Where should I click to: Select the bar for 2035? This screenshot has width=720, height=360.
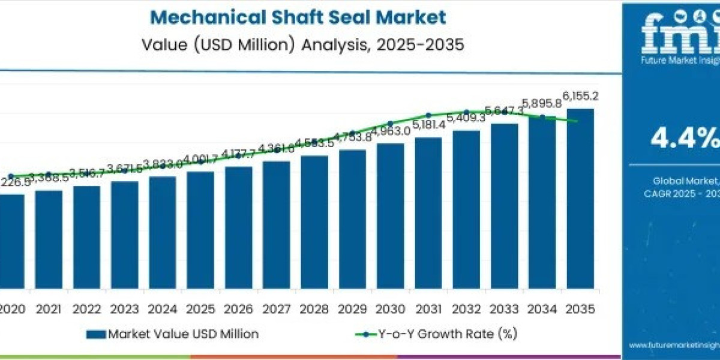click(580, 198)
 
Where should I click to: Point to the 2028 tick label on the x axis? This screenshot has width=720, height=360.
click(314, 309)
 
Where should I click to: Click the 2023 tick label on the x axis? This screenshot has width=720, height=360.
click(124, 309)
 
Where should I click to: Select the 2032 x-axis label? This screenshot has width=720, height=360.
click(466, 309)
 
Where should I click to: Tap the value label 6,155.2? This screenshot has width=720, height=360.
click(580, 96)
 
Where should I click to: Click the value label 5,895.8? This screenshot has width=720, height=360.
click(542, 103)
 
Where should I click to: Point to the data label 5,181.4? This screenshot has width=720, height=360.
click(428, 124)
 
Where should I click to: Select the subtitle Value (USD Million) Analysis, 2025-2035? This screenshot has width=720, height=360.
click(303, 46)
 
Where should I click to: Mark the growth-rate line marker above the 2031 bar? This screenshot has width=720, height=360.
click(428, 115)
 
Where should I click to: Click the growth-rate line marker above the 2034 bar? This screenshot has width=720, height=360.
click(542, 117)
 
